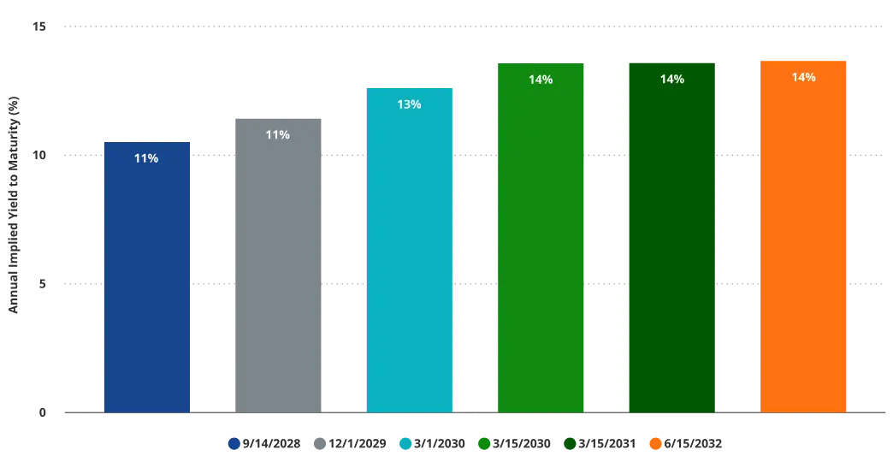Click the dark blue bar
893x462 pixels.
(x=146, y=282)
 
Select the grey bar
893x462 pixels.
(x=277, y=274)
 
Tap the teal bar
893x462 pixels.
(x=409, y=257)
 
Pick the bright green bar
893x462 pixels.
(x=541, y=248)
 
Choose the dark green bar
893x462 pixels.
(x=671, y=248)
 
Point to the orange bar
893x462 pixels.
(x=803, y=248)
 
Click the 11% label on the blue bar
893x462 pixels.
(x=146, y=158)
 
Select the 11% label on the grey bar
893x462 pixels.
(x=277, y=134)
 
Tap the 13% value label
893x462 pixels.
(x=409, y=104)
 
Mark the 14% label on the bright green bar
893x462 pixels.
(x=541, y=80)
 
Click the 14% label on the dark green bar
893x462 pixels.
(x=671, y=80)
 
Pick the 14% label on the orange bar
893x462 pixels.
(x=803, y=77)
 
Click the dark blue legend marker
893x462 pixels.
(x=234, y=444)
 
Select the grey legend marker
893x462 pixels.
(x=322, y=444)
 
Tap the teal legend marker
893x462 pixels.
(x=405, y=444)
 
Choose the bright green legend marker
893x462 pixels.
(x=485, y=444)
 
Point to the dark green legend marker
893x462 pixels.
(x=569, y=444)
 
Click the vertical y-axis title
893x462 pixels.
(x=15, y=205)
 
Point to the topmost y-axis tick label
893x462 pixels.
(x=39, y=28)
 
